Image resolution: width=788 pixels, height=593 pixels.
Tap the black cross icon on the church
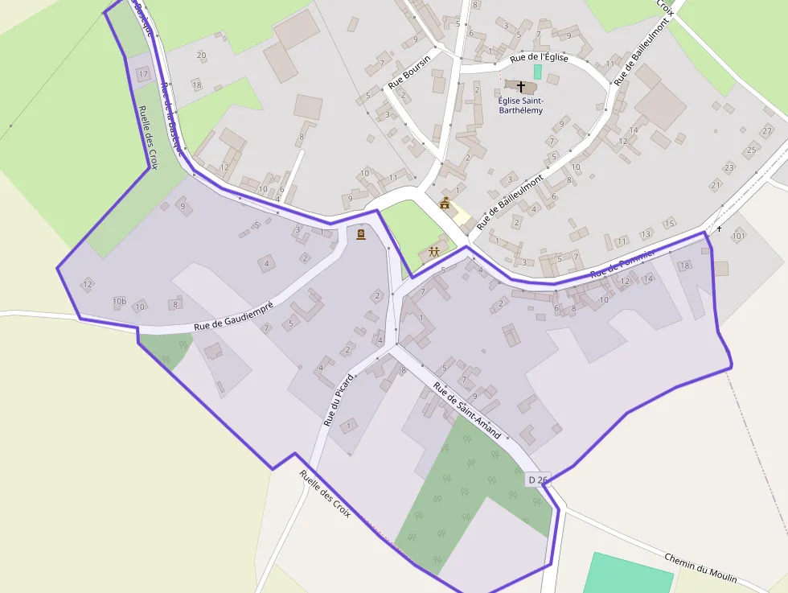click(x=520, y=86)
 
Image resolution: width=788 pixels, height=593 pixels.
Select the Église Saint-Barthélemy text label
click(x=520, y=105)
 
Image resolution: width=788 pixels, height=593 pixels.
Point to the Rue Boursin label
click(x=409, y=71)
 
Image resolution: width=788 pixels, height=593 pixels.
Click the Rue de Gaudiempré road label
click(x=234, y=315)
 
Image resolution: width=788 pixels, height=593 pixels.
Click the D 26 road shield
click(x=537, y=480)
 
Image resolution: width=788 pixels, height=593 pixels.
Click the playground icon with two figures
click(x=434, y=252)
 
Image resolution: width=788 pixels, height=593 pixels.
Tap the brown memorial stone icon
click(x=360, y=234)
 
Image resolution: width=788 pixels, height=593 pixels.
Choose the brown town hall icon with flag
click(x=445, y=203)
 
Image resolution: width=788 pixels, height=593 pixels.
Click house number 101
click(x=738, y=236)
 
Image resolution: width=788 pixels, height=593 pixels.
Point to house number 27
click(x=767, y=131)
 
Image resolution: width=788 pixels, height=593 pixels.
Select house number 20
click(x=201, y=56)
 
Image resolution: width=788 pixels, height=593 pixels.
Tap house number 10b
click(x=120, y=302)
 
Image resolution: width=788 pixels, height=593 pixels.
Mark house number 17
click(x=143, y=74)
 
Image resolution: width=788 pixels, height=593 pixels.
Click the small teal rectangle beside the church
click(x=538, y=72)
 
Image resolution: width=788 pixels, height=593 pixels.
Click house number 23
click(x=728, y=167)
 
